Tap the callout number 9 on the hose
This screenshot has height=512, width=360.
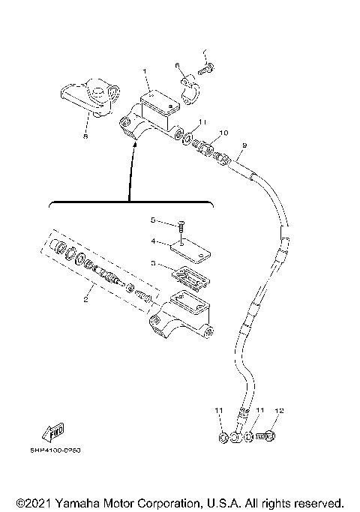tap(244, 145)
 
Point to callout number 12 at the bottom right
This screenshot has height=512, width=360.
tap(279, 412)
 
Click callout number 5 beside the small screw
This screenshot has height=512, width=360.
tap(152, 220)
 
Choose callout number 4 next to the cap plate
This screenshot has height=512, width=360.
tap(152, 241)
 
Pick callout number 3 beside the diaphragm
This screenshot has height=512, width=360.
tap(152, 264)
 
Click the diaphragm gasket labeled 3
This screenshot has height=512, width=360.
tap(191, 275)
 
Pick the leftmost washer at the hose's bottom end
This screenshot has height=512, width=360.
tap(224, 437)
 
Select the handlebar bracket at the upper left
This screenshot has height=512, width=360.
tap(87, 98)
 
